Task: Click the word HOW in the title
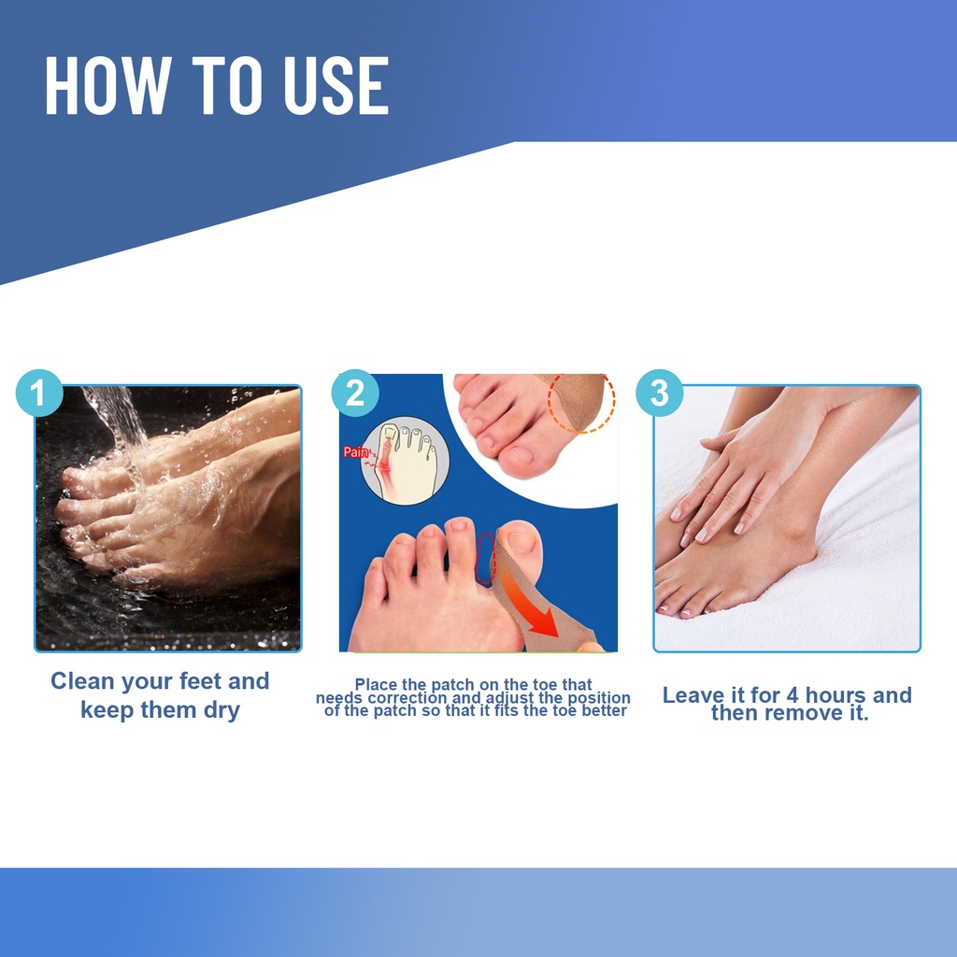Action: [x=107, y=85]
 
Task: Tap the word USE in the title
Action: [x=336, y=85]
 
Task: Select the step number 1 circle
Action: [x=39, y=393]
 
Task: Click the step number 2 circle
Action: [x=354, y=393]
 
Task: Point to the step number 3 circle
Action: [x=659, y=393]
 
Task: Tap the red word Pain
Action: [x=356, y=452]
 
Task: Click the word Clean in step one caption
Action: [x=82, y=681]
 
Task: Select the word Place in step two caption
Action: [x=376, y=685]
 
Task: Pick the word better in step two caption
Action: [x=605, y=711]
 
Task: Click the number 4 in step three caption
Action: [x=793, y=695]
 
